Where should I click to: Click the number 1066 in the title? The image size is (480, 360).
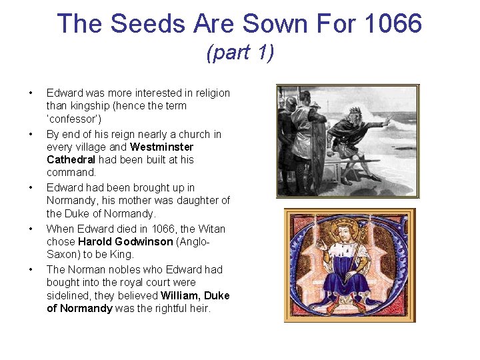(x=393, y=23)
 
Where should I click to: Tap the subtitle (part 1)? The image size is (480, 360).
(x=240, y=52)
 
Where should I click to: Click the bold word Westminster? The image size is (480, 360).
(x=162, y=147)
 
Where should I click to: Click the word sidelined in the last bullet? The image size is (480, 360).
(x=69, y=295)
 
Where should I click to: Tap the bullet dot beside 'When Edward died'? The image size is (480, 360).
(x=31, y=229)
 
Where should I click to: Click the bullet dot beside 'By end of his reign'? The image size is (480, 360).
(x=31, y=134)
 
